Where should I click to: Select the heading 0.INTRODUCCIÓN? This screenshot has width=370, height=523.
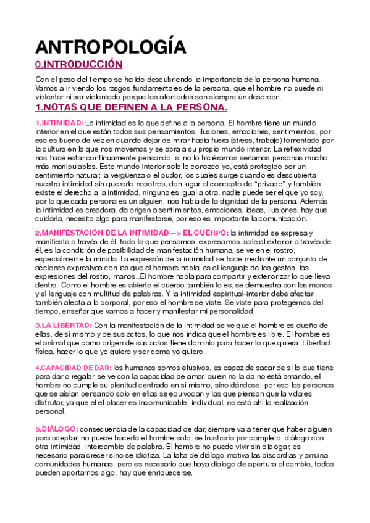pos(78,65)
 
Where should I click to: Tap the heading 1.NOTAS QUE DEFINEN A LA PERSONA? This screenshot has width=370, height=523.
pos(131,107)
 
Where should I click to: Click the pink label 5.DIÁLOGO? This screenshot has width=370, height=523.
pos(56,411)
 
